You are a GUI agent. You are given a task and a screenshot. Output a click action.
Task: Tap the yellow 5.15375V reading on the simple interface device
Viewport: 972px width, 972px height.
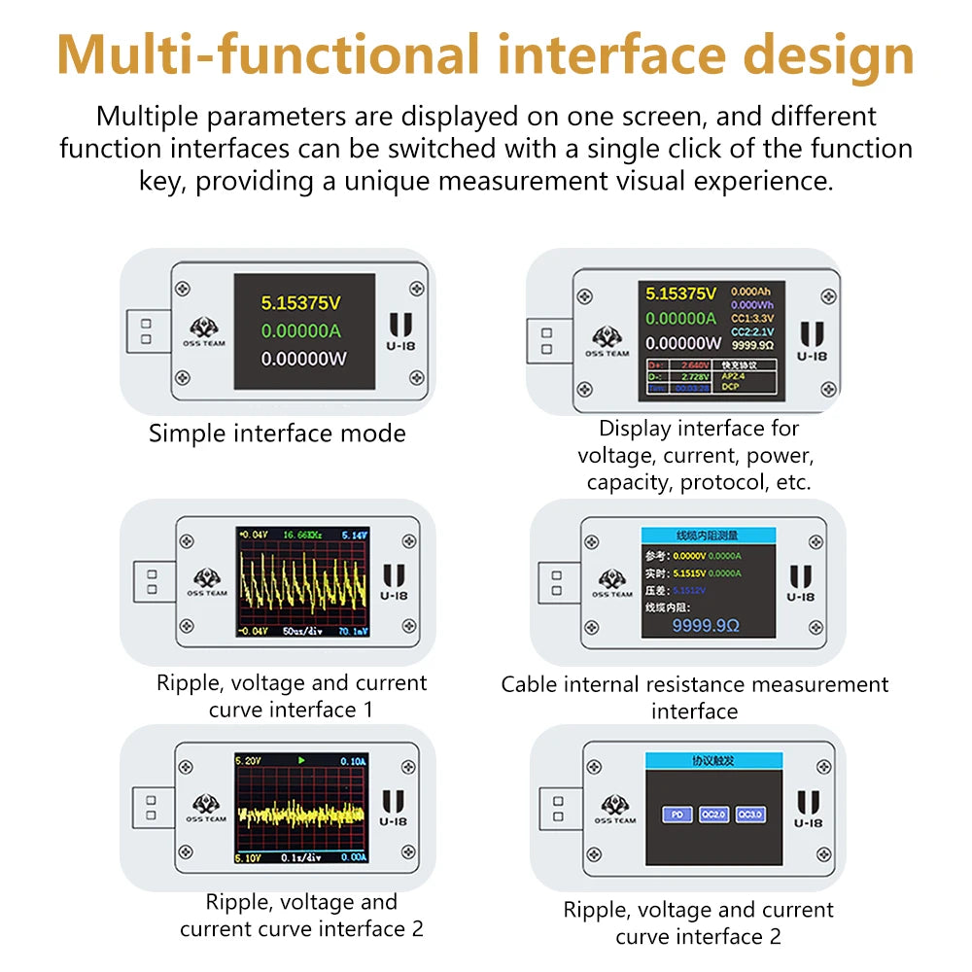301,301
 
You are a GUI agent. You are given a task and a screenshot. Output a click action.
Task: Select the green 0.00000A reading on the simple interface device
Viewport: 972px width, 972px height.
301,330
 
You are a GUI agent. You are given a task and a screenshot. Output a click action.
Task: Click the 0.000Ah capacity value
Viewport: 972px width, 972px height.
751,292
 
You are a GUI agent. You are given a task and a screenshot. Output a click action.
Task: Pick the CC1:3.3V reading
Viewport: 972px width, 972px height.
751,317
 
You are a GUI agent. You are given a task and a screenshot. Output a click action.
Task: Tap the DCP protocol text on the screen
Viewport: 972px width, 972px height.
731,387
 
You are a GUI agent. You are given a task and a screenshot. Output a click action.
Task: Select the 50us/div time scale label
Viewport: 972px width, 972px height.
301,631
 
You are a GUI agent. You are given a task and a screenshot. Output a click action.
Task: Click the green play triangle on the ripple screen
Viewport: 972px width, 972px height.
301,759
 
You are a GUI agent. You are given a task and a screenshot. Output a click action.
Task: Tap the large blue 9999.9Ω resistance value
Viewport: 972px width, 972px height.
707,625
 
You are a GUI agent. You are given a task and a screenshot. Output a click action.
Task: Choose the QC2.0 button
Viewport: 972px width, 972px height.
713,815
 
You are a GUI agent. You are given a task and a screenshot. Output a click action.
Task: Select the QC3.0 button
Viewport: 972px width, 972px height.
749,815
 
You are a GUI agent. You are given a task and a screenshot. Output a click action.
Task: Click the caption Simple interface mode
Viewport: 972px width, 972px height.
277,434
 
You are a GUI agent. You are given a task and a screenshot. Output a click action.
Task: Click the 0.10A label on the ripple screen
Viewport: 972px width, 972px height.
352,760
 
